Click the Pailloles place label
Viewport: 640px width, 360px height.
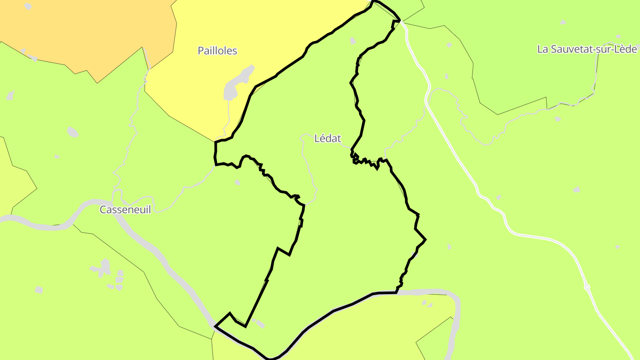pos(217,51)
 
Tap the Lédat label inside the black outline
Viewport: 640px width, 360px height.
pos(328,139)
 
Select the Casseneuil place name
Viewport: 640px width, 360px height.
pos(125,210)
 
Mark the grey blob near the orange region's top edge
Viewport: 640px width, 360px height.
pos(28,6)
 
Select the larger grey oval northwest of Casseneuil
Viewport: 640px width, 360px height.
pos(72,132)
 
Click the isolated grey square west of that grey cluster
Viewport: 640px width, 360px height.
pos(39,290)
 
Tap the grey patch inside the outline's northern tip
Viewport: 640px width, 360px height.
pos(352,41)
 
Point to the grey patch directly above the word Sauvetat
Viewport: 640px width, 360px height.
pos(563,22)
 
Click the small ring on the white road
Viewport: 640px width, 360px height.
pos(587,288)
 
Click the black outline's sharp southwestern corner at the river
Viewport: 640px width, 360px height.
pos(215,326)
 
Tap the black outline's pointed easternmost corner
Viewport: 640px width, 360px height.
pos(425,240)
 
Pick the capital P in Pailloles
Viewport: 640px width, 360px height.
pos(201,51)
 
